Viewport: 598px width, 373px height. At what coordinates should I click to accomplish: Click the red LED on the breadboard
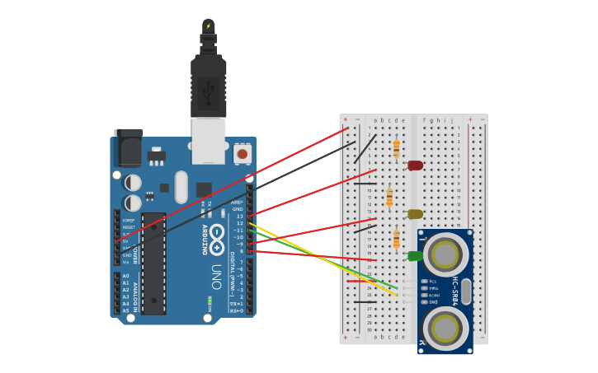(x=415, y=166)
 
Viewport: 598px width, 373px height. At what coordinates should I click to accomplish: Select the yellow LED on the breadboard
(x=415, y=214)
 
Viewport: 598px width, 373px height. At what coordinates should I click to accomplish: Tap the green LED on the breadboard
(x=415, y=256)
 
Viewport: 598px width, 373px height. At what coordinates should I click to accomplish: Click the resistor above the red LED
(x=397, y=148)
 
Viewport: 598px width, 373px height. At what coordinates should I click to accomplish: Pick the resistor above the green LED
(x=397, y=239)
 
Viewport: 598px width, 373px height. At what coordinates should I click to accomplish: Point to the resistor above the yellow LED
(x=389, y=198)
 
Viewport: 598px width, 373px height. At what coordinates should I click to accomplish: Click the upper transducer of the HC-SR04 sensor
(x=445, y=254)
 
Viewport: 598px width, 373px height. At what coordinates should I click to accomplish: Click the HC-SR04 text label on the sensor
(x=454, y=291)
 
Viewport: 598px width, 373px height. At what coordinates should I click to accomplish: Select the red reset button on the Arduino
(x=242, y=153)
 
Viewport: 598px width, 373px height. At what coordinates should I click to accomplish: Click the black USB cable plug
(x=208, y=86)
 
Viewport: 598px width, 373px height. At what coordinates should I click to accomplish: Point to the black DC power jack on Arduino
(x=128, y=147)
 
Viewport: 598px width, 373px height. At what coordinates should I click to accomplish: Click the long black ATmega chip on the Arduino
(x=153, y=263)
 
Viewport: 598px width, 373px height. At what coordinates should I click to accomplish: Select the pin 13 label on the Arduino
(x=240, y=217)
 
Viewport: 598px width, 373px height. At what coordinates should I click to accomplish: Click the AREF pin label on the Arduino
(x=238, y=203)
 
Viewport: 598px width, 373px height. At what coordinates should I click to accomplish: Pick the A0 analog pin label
(x=125, y=276)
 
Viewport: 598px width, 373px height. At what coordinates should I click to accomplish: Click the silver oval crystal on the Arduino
(x=181, y=187)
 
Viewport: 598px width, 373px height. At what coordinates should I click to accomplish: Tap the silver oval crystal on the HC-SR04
(x=466, y=291)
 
